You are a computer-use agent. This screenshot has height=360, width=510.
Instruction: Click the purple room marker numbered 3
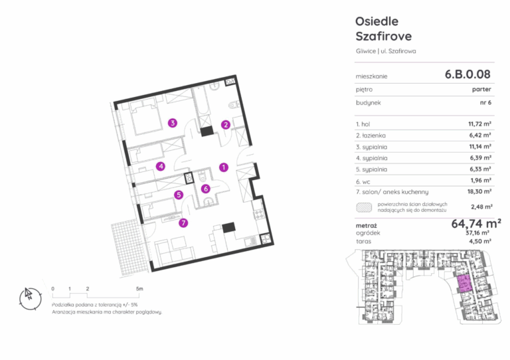(x=173, y=123)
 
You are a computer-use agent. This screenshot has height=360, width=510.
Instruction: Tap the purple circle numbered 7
(x=183, y=223)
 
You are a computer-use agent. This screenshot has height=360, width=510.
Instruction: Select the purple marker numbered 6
(x=205, y=189)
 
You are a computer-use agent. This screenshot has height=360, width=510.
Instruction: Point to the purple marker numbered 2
(x=226, y=125)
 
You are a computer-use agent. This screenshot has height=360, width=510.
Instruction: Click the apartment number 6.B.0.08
(x=467, y=74)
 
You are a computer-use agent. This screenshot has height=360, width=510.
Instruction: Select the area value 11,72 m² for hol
(x=479, y=124)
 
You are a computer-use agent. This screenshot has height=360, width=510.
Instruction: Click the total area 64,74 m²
(x=476, y=223)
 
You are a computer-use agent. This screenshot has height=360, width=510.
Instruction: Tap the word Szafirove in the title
(x=383, y=36)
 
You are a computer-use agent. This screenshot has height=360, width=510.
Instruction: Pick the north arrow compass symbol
(x=31, y=298)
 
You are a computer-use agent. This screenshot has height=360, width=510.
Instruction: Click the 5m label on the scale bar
(x=139, y=288)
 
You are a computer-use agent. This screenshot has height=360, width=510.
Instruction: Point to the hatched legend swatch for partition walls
(x=364, y=207)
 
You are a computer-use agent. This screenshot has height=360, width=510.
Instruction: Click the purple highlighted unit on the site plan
(x=464, y=283)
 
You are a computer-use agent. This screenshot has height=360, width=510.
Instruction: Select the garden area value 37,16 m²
(x=477, y=233)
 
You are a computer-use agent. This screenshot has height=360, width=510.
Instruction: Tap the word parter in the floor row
(x=481, y=89)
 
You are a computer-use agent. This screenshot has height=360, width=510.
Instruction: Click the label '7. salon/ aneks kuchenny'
(x=392, y=192)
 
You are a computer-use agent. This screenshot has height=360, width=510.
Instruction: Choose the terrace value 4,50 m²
(x=479, y=241)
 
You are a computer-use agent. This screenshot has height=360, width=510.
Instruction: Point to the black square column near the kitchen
(x=228, y=227)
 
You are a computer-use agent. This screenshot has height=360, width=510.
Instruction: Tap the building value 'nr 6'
(x=485, y=102)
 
